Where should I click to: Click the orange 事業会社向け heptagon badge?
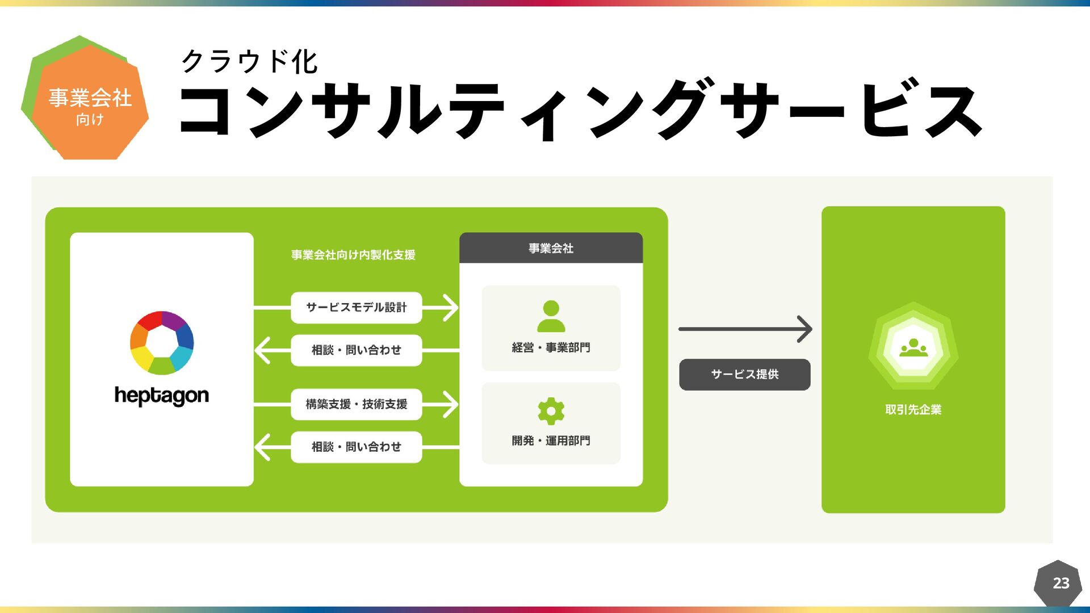[x=89, y=102]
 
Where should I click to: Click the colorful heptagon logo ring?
[x=162, y=342]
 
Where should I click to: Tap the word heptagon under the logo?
[x=162, y=396]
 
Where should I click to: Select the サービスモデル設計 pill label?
[x=356, y=308]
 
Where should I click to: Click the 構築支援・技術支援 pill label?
[x=356, y=404]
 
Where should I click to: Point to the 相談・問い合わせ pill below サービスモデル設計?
[x=356, y=350]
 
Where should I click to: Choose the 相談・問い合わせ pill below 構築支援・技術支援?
[x=356, y=447]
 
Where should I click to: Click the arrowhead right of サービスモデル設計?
[x=450, y=308]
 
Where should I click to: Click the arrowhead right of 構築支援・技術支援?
[x=450, y=404]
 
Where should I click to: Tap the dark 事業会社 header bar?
[x=551, y=248]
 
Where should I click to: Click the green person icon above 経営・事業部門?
[x=551, y=316]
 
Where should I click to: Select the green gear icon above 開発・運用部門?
[x=551, y=411]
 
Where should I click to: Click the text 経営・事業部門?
[x=551, y=347]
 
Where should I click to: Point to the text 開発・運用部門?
[x=551, y=440]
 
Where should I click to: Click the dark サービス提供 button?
[x=744, y=374]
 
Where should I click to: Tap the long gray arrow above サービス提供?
[x=744, y=329]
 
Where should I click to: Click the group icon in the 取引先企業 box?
[x=913, y=346]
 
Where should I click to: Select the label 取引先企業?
[x=913, y=409]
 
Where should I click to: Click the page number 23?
[x=1060, y=583]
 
